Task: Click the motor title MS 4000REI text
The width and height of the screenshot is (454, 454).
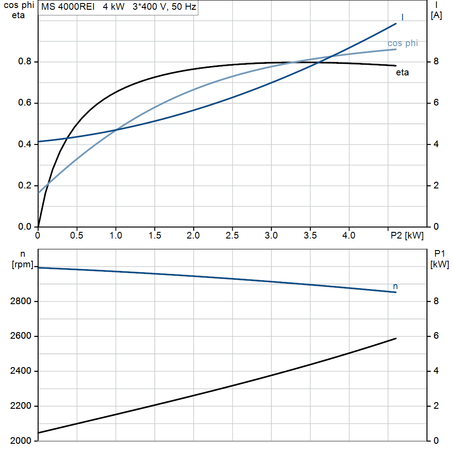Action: coord(68,7)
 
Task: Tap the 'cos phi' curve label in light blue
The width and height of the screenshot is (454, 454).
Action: coord(403,43)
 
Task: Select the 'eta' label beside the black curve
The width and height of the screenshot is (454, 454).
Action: coord(403,72)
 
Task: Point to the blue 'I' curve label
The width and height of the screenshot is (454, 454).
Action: coord(403,17)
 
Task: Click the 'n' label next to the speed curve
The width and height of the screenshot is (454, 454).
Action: coord(395,287)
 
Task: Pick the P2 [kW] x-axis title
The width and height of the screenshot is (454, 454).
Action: coord(407,235)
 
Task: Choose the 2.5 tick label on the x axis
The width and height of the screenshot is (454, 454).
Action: coord(232,235)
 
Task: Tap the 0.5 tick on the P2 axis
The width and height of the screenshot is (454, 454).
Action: coord(77,235)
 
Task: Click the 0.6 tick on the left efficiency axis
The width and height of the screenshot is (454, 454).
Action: coord(25,103)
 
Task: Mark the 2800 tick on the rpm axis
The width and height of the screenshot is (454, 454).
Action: coord(20,301)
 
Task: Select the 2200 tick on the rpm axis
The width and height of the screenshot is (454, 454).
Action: coord(20,406)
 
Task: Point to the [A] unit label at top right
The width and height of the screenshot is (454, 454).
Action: coord(436,16)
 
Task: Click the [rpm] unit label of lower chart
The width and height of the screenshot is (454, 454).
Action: coord(23,264)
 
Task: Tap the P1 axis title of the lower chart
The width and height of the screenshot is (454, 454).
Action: coord(439,254)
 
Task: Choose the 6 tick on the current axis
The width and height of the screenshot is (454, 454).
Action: coord(436,103)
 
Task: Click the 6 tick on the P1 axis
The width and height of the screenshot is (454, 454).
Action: coord(436,336)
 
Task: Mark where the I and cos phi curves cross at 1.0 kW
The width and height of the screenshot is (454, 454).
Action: coord(116,130)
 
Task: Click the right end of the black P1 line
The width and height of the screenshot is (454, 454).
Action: coord(396,338)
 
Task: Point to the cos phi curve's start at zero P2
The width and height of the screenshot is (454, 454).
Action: coord(39,193)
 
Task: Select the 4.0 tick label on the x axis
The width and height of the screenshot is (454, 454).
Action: coord(349,235)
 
